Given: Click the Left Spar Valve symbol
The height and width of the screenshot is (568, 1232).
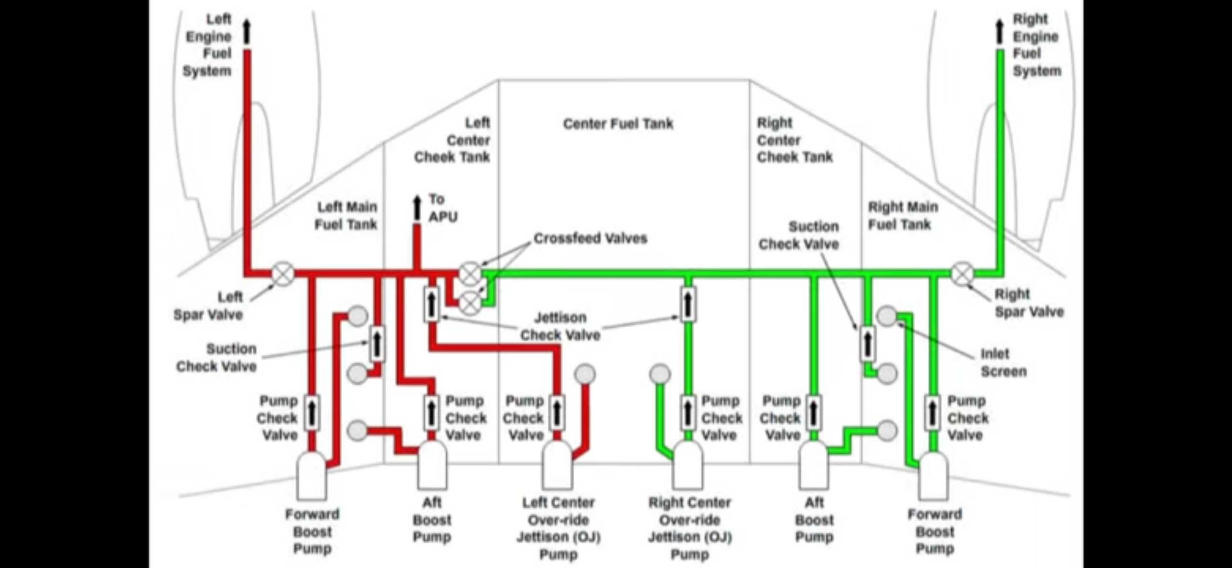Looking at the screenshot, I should click(283, 274).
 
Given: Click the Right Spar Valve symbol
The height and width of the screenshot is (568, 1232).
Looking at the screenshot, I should click(963, 274).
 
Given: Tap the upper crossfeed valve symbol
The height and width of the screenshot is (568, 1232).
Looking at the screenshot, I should click(470, 274).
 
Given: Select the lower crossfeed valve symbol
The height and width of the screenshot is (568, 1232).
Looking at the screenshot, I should click(470, 303).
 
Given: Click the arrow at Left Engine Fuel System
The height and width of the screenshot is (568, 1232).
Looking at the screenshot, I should click(247, 32).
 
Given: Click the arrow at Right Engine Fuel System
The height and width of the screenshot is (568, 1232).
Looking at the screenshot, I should click(1000, 32).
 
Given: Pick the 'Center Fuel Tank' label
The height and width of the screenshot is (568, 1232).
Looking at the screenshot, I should click(618, 124).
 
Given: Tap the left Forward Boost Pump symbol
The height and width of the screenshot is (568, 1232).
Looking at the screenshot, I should click(312, 475).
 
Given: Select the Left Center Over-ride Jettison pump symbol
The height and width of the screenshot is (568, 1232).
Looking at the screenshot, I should click(557, 464).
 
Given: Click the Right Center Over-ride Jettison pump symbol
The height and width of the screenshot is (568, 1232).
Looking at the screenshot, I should click(688, 464).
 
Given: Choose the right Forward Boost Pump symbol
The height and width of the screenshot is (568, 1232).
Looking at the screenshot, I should click(933, 475).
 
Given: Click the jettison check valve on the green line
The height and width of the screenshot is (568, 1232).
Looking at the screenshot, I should click(688, 304).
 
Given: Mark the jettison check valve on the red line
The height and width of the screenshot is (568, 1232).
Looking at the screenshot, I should click(431, 304).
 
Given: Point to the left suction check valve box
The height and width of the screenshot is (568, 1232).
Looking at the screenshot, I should click(377, 343).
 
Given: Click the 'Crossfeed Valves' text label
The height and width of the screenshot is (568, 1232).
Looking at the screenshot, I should click(590, 238).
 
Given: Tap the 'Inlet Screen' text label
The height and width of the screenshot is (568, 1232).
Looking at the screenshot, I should click(1004, 362).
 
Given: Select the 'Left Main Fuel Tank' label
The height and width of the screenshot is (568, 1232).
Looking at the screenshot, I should click(346, 215).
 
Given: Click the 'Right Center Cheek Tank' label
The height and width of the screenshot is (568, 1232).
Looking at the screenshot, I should click(794, 140).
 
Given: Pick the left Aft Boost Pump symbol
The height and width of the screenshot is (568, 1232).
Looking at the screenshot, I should click(432, 464).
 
